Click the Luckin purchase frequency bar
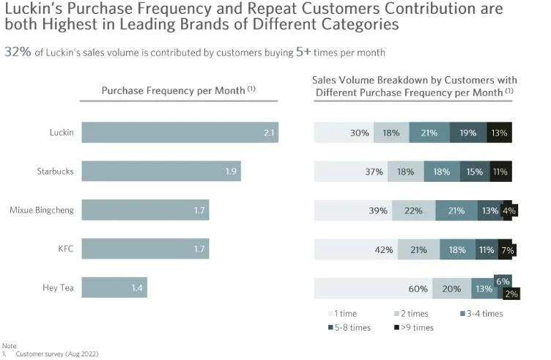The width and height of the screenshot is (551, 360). coord(180,133)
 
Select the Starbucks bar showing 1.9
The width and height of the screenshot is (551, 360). coord(161,172)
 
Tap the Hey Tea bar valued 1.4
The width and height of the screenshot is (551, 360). coord(114,287)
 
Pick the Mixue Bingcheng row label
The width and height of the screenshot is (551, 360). coord(41,210)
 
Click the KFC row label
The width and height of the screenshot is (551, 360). coord(65,249)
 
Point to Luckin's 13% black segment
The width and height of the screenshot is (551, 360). coord(500,133)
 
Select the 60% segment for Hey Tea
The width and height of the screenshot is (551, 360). coord(373,288)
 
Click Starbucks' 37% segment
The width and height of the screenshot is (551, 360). coord(351,172)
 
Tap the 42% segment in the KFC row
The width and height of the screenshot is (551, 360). coord(356,249)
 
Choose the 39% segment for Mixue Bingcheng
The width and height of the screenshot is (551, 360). coord(353,210)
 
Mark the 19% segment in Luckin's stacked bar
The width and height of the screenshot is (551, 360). coord(467,133)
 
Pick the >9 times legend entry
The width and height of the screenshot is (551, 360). coord(415,327)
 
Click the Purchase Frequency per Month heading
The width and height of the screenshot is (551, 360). coord(178,90)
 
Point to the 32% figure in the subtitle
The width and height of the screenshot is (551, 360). coord(15,53)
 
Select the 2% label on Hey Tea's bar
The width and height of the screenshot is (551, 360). coord(511,293)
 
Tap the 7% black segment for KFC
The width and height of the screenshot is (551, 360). coord(506,249)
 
